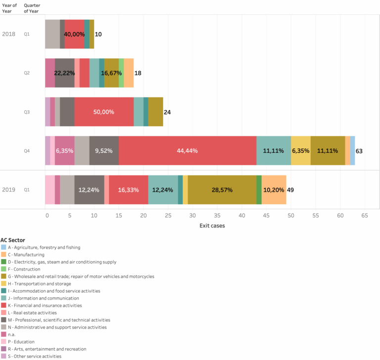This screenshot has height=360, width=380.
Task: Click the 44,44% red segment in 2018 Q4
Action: tap(187, 150)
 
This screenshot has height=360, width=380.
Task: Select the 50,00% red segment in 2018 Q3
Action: tap(104, 112)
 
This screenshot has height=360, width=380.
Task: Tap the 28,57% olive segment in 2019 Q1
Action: tap(222, 189)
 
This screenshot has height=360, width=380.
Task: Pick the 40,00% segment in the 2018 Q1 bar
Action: tap(74, 34)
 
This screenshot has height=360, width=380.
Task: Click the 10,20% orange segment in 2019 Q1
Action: tap(274, 189)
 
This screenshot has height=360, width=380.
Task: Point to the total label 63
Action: tap(359, 151)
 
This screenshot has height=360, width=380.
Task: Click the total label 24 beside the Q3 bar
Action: tap(167, 112)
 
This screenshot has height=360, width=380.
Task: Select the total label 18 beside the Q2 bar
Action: tap(138, 73)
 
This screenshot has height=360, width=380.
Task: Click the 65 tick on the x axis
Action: tap(364, 216)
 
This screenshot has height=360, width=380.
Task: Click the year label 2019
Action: tap(8, 189)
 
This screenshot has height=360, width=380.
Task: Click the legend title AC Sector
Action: tap(13, 240)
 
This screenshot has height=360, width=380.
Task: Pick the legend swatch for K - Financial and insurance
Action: tap(3, 305)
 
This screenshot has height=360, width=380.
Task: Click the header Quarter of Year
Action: tap(32, 8)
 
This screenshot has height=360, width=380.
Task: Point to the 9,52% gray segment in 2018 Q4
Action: tap(104, 150)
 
